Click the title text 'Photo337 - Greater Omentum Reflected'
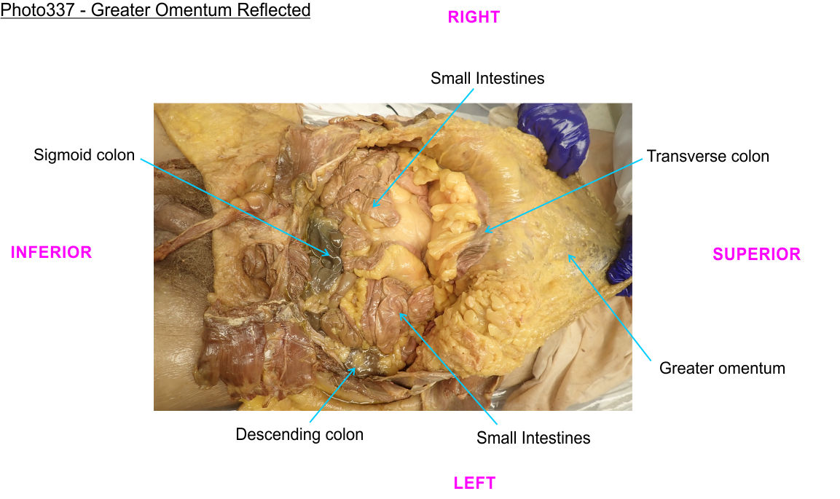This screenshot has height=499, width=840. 155,11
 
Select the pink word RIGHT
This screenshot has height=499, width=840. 474,17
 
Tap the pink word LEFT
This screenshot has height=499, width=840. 474,482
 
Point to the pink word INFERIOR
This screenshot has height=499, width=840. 51,252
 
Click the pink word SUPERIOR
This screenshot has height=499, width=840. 756,254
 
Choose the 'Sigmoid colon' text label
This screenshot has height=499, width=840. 85,155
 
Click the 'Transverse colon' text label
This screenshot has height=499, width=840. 707,156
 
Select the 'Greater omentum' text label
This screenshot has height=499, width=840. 722,368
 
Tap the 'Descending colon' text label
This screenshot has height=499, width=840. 299,435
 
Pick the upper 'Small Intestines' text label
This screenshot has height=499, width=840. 487,78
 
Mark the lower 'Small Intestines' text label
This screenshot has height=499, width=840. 533,438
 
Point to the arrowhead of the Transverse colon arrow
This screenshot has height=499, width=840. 484,232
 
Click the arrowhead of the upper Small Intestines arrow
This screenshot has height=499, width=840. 372,207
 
